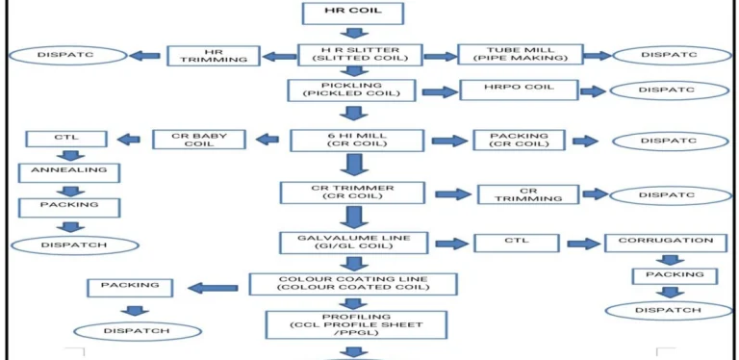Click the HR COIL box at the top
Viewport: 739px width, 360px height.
351,13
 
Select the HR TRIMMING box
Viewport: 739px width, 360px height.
214,55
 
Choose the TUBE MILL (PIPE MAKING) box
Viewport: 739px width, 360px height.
520,55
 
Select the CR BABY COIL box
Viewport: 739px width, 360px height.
202,140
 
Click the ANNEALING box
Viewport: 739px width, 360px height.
68,173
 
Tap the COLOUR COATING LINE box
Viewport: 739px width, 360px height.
353,284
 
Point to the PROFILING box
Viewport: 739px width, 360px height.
355,324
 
